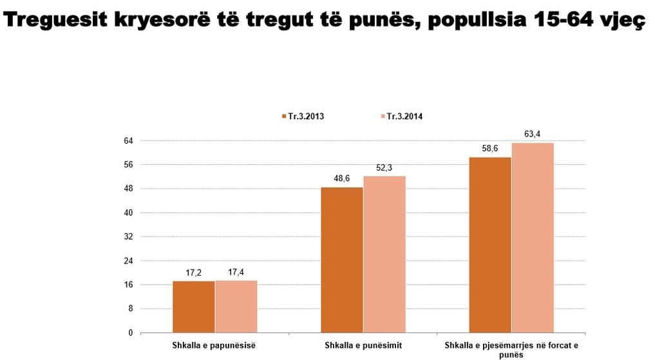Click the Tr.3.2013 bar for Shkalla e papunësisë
(x=193, y=307)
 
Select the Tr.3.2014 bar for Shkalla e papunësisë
(x=236, y=307)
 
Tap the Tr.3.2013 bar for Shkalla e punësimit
(x=341, y=260)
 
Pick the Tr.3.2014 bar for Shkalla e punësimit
(x=384, y=254)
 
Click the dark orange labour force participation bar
(x=489, y=245)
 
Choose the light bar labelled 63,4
(x=532, y=238)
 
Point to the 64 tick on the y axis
(x=128, y=141)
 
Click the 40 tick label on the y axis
(x=128, y=213)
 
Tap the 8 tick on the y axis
(x=130, y=309)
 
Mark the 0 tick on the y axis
(x=130, y=333)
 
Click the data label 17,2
(x=193, y=273)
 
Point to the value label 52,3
(x=384, y=168)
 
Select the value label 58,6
(x=489, y=149)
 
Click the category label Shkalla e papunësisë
(x=214, y=346)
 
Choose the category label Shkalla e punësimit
(x=363, y=346)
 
